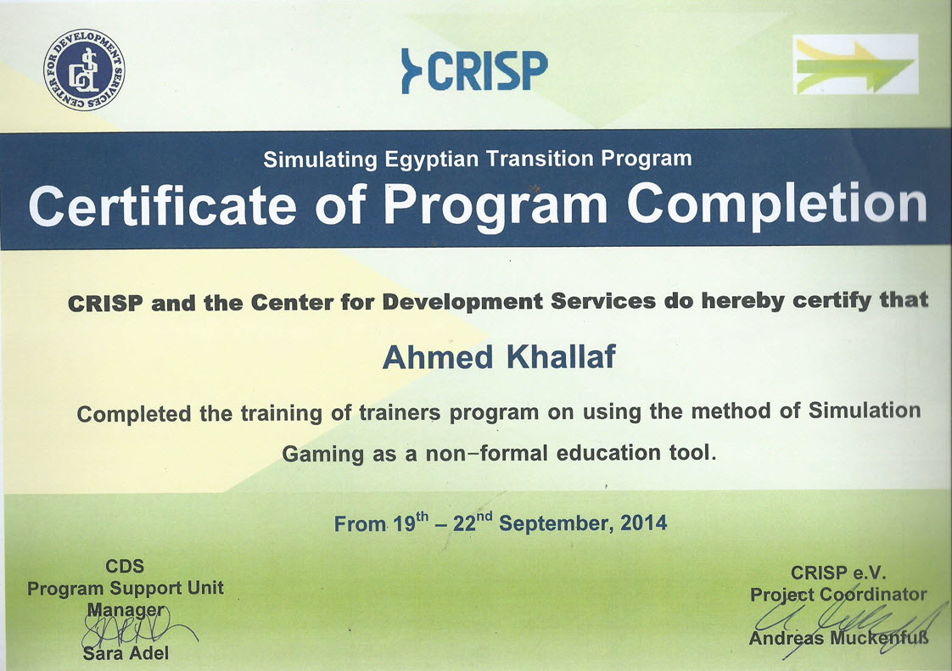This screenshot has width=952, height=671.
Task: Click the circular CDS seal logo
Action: tap(84, 70)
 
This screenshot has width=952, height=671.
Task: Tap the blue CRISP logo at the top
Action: tap(474, 70)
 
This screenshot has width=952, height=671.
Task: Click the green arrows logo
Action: tap(855, 64)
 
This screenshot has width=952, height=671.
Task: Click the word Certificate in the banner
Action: tap(163, 205)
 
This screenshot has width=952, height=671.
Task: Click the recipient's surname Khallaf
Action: tap(561, 357)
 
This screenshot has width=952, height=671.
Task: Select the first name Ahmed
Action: tap(438, 357)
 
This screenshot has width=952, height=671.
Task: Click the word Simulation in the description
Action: tap(865, 411)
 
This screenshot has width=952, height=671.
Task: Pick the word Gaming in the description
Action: tap(323, 454)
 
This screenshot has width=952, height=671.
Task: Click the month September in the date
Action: tap(556, 523)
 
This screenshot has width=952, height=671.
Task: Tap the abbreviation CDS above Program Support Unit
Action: tap(125, 566)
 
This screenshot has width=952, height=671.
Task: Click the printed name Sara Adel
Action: tap(126, 653)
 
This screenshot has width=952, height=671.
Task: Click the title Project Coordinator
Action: tap(838, 594)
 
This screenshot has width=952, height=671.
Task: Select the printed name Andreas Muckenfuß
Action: tap(838, 638)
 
